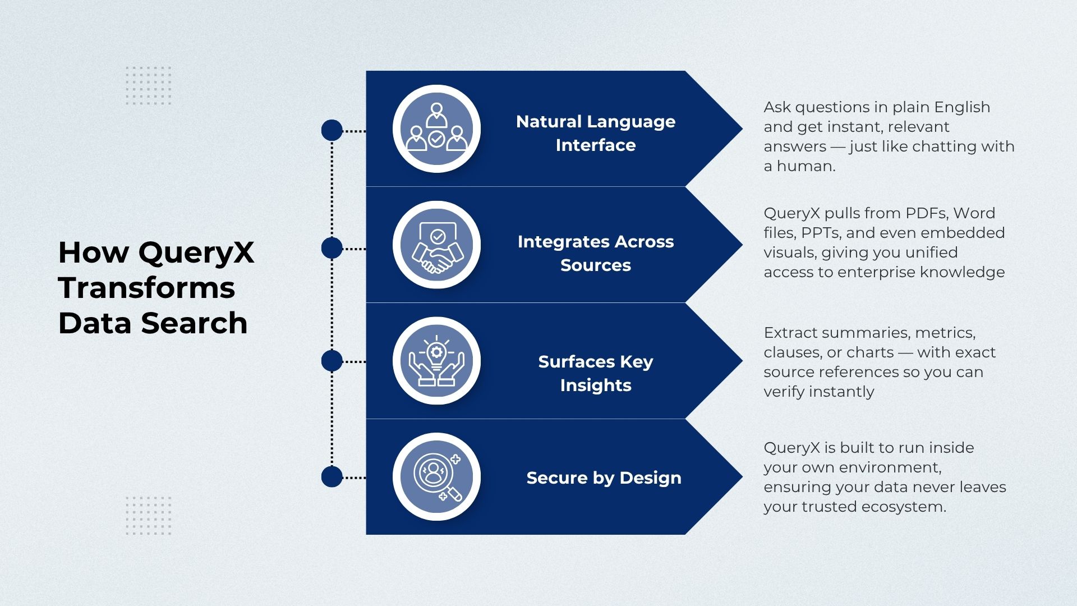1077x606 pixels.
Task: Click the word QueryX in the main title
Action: tap(196, 252)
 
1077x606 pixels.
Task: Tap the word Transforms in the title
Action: tap(146, 288)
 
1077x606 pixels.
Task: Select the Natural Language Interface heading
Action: tap(595, 133)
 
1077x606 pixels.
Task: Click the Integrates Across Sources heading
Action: tap(595, 253)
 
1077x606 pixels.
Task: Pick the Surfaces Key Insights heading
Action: tap(595, 373)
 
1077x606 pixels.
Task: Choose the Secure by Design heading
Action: tap(604, 478)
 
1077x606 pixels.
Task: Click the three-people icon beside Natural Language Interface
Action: tap(436, 128)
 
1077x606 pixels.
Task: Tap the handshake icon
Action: tap(436, 245)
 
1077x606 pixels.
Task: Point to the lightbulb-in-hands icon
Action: tap(436, 361)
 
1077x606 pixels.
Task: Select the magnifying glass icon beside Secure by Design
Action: tap(436, 477)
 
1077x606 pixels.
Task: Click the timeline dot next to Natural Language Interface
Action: tap(332, 130)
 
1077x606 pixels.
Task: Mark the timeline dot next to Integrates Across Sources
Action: tap(332, 248)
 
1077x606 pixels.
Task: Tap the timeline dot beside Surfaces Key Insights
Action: tap(332, 361)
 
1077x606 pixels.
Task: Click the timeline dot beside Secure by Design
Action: tap(332, 477)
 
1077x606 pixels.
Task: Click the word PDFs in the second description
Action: tap(926, 213)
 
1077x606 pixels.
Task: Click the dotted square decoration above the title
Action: tap(149, 85)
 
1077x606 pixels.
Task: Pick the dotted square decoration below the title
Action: tap(149, 515)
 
